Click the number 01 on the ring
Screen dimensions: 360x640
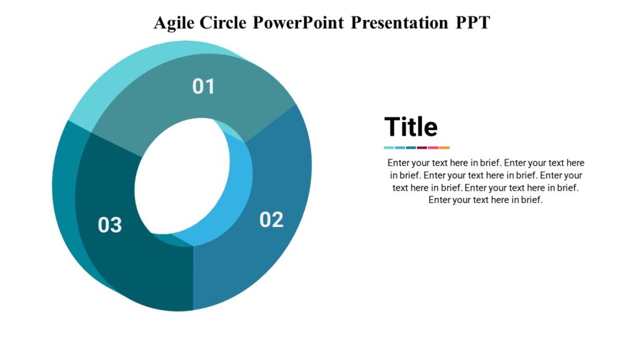[203, 86]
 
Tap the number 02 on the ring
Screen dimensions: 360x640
[271, 219]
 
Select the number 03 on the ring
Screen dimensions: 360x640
[109, 224]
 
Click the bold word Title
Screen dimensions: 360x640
[411, 127]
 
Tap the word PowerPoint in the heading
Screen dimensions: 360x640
[298, 22]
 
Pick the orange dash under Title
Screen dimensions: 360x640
[444, 147]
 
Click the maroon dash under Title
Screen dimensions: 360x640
[422, 147]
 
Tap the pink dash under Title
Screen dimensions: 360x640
[433, 147]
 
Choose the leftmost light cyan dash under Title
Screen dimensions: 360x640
[389, 147]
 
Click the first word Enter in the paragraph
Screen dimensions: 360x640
[399, 162]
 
